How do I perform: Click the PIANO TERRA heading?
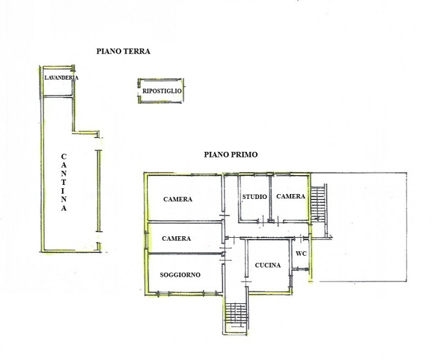pyautogui.click(x=123, y=51)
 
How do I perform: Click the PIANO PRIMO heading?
pyautogui.click(x=231, y=155)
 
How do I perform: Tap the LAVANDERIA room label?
pyautogui.click(x=61, y=77)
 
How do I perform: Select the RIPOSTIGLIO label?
pyautogui.click(x=161, y=91)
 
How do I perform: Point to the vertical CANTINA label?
pyautogui.click(x=64, y=182)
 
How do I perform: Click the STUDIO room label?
pyautogui.click(x=254, y=197)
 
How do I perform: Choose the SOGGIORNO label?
pyautogui.click(x=180, y=275)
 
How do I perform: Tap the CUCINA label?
pyautogui.click(x=268, y=265)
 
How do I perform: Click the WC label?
pyautogui.click(x=301, y=253)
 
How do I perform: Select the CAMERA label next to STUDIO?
pyautogui.click(x=291, y=196)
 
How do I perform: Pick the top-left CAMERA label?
pyautogui.click(x=178, y=199)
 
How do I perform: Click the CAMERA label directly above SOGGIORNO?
pyautogui.click(x=177, y=238)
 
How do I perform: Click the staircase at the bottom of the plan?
pyautogui.click(x=235, y=315)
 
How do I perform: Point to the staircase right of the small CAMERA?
pyautogui.click(x=318, y=203)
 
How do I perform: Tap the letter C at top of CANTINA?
pyautogui.click(x=64, y=157)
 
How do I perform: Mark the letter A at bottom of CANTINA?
pyautogui.click(x=64, y=208)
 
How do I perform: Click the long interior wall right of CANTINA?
pyautogui.click(x=99, y=191)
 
